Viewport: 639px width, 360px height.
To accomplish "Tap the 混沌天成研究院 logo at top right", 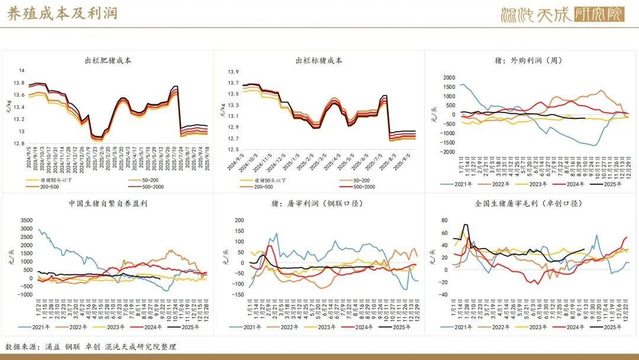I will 561,14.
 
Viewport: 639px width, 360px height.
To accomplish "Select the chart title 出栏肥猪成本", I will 108,60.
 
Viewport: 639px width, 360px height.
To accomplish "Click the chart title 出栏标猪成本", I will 319,60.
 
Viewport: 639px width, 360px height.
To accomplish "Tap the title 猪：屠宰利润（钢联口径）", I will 319,204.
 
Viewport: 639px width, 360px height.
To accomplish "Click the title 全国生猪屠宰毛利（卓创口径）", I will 529,204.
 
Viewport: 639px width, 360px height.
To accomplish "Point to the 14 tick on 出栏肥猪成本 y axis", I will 22,70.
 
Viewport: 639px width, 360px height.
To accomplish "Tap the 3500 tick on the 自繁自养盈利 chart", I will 26,220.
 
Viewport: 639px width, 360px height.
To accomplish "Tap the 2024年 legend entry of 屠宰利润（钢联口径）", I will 366,327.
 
